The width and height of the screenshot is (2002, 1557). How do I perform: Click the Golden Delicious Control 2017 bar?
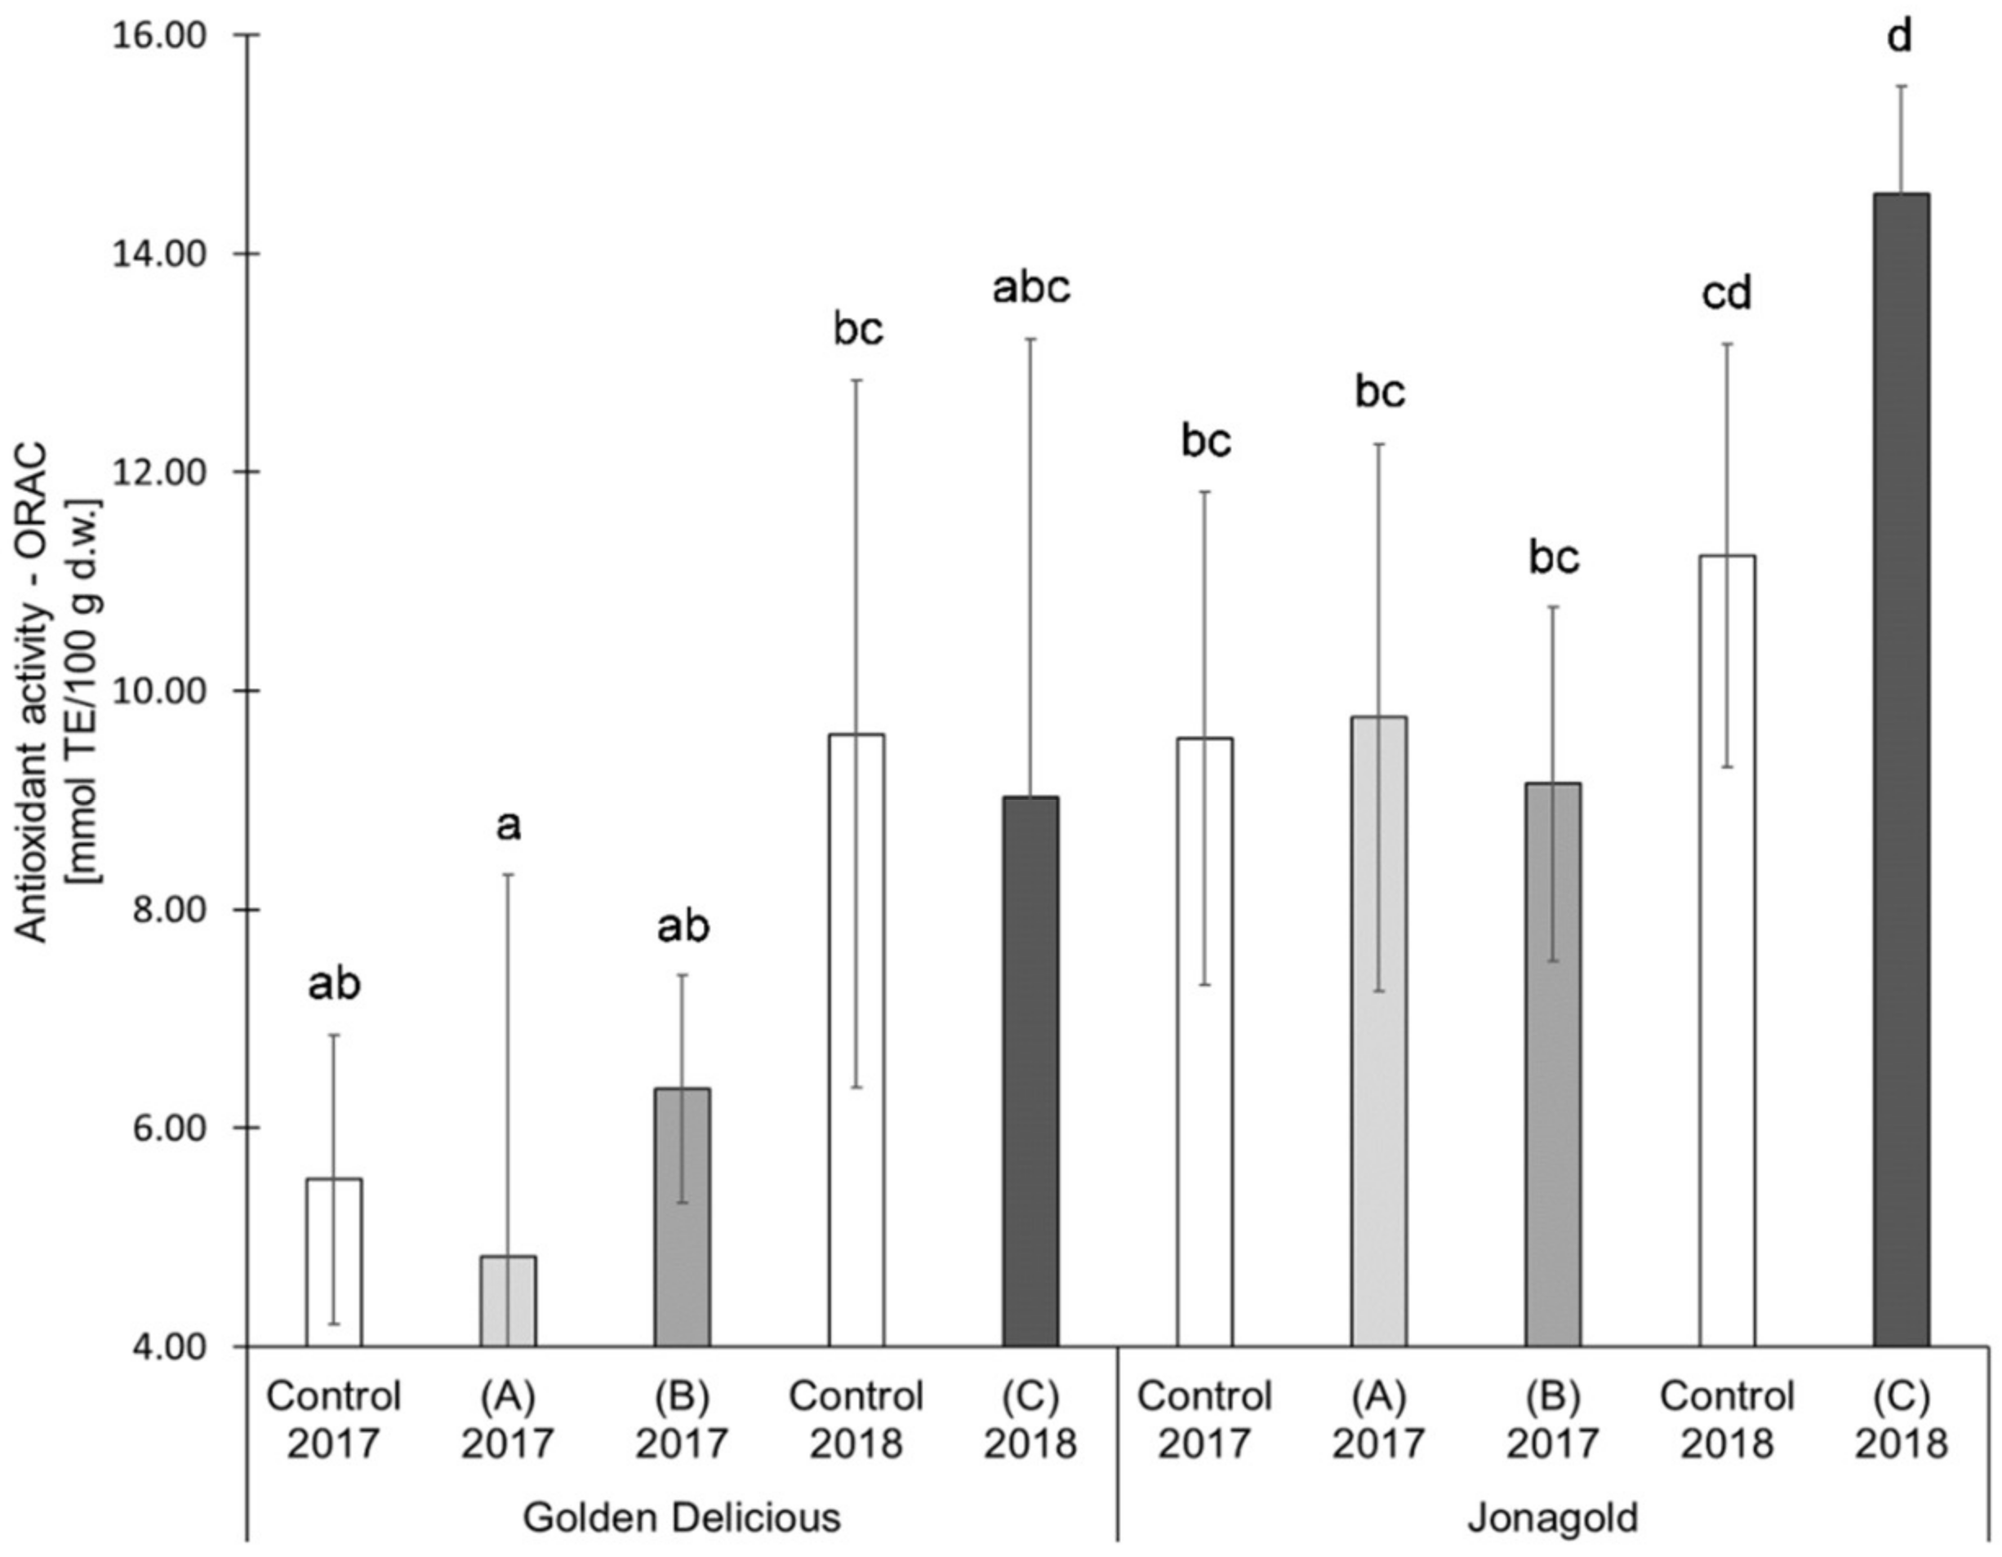(334, 1265)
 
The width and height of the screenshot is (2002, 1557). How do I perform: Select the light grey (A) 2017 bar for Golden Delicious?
(508, 1302)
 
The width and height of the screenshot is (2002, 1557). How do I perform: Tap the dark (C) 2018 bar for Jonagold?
(1902, 770)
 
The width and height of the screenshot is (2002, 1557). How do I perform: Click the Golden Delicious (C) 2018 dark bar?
(1030, 1072)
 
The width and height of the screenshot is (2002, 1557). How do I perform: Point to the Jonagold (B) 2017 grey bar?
(1553, 1063)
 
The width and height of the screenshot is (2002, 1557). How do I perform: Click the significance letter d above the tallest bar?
(1902, 38)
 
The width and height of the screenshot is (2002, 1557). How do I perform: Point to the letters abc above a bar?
(1031, 288)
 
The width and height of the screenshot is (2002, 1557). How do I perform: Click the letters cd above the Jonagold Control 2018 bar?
(1727, 294)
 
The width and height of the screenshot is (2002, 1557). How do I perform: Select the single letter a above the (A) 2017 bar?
(508, 826)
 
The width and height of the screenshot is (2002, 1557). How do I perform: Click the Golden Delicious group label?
(682, 1518)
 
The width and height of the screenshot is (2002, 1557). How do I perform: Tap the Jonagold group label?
(1553, 1518)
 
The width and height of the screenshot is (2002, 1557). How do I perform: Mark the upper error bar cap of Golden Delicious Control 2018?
(856, 379)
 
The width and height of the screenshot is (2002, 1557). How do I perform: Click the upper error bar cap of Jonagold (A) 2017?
(1379, 444)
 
